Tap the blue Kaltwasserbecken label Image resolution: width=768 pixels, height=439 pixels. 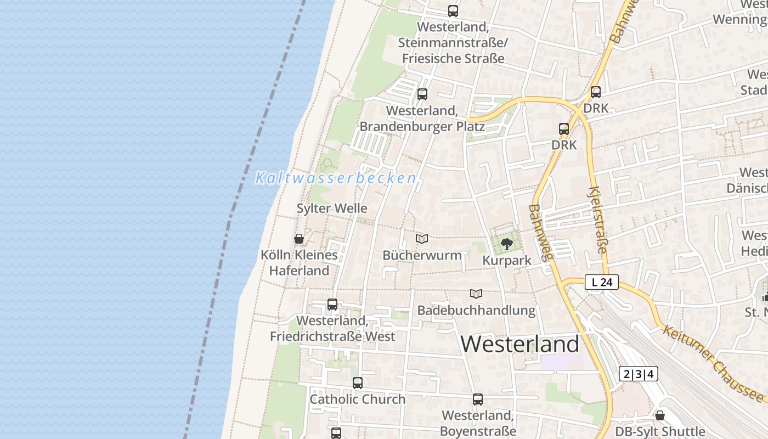point(336,178)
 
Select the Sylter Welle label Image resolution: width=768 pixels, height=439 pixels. point(332,209)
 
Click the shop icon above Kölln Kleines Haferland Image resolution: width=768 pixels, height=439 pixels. point(299,239)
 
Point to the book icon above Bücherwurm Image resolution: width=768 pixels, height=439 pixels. point(422,239)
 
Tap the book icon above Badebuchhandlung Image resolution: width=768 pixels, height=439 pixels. point(476,294)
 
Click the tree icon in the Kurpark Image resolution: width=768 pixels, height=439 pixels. point(507,244)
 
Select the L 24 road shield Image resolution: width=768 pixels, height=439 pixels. point(602,283)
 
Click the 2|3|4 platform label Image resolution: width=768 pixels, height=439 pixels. point(639,374)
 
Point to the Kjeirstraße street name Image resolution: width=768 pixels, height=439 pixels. point(597,219)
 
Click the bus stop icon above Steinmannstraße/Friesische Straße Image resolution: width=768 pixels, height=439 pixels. point(453,10)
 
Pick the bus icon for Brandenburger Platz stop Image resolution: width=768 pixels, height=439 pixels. point(422,94)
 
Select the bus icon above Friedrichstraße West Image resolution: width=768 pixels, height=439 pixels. point(332,305)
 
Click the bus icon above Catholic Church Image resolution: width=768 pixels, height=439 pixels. point(358,383)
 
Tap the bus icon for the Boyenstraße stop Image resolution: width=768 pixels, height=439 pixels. point(478,399)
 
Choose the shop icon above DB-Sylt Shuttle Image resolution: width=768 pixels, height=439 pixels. point(660,415)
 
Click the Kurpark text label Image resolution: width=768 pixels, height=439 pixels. point(507,261)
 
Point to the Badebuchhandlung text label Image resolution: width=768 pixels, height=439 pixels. point(476,311)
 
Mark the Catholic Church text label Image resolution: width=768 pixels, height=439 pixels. point(358,399)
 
